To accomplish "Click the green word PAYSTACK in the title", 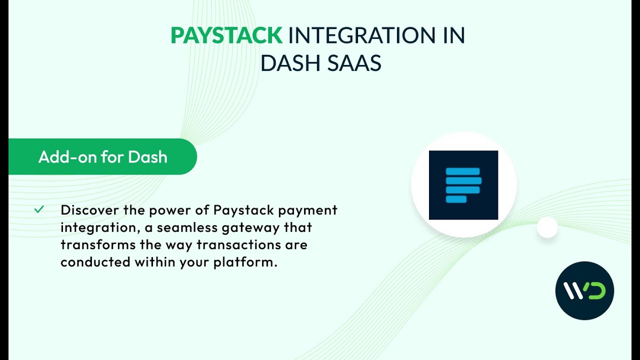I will click(x=226, y=35).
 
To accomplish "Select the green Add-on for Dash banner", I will click(x=102, y=157).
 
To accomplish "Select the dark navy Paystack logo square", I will click(x=463, y=185).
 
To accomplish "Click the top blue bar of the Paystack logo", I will click(x=462, y=171).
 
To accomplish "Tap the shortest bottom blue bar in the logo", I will click(x=456, y=199).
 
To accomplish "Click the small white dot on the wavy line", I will click(x=547, y=227).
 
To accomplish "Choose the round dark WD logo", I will click(x=584, y=290).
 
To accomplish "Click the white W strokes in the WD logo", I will click(x=574, y=290).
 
